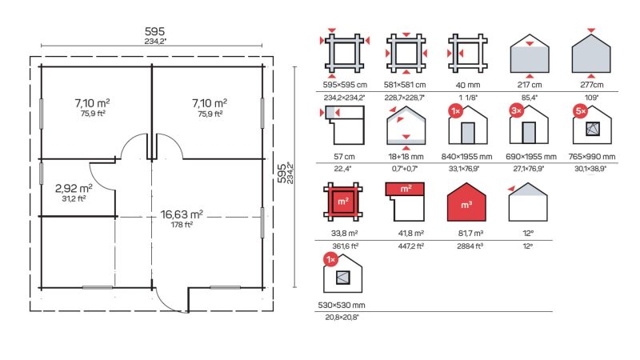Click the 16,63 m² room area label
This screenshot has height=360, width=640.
pyautogui.click(x=182, y=214)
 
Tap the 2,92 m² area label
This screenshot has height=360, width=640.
pyautogui.click(x=74, y=188)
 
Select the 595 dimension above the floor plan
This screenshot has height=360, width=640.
pyautogui.click(x=154, y=31)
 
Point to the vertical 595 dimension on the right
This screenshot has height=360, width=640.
pyautogui.click(x=282, y=174)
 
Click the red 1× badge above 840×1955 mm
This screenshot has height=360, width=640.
pyautogui.click(x=455, y=111)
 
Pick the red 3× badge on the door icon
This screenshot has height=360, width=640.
pyautogui.click(x=517, y=110)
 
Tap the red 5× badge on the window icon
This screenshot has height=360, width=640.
pyautogui.click(x=580, y=111)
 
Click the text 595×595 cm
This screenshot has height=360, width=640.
pyautogui.click(x=345, y=85)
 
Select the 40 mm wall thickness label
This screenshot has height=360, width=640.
pyautogui.click(x=468, y=86)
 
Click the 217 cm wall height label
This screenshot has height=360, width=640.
pyautogui.click(x=530, y=85)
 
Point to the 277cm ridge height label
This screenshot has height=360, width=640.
pyautogui.click(x=592, y=85)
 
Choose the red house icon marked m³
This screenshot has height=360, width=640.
pyautogui.click(x=466, y=202)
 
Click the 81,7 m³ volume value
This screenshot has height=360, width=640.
pyautogui.click(x=470, y=233)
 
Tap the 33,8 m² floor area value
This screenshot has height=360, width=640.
pyautogui.click(x=345, y=234)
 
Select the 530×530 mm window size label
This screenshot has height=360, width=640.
pyautogui.click(x=342, y=305)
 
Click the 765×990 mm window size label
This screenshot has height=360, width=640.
pyautogui.click(x=592, y=156)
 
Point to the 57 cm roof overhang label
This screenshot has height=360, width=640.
pyautogui.click(x=344, y=156)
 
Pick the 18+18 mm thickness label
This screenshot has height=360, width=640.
pyautogui.click(x=406, y=156)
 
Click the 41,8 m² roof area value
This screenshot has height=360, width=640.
pyautogui.click(x=410, y=233)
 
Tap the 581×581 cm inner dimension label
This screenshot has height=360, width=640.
pyautogui.click(x=405, y=85)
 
